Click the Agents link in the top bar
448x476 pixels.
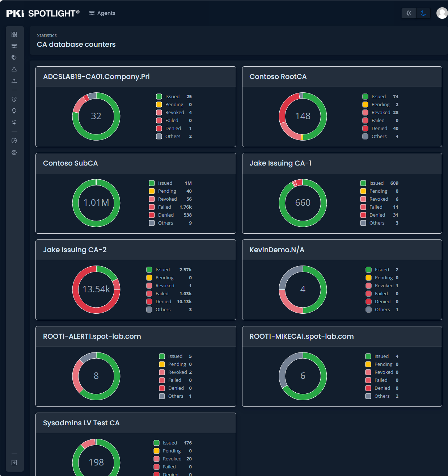102,13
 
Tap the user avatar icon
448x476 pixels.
442,13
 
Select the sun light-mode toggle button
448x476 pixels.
409,13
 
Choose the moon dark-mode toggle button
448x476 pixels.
423,13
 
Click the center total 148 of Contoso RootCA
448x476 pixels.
303,116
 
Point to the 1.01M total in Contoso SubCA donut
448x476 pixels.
96,202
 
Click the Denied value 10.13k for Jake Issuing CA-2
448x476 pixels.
184,301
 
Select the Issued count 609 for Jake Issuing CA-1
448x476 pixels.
394,183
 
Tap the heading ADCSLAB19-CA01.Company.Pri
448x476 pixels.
96,76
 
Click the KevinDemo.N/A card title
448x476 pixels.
277,250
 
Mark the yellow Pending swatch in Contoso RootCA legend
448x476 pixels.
365,104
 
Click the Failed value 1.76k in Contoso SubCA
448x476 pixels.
186,207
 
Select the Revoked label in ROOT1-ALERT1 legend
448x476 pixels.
178,372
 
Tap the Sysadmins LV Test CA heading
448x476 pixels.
81,423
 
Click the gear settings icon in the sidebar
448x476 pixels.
14,153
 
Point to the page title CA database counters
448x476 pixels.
76,44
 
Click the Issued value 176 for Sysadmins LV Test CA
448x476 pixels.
188,443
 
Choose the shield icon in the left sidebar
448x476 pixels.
14,99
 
